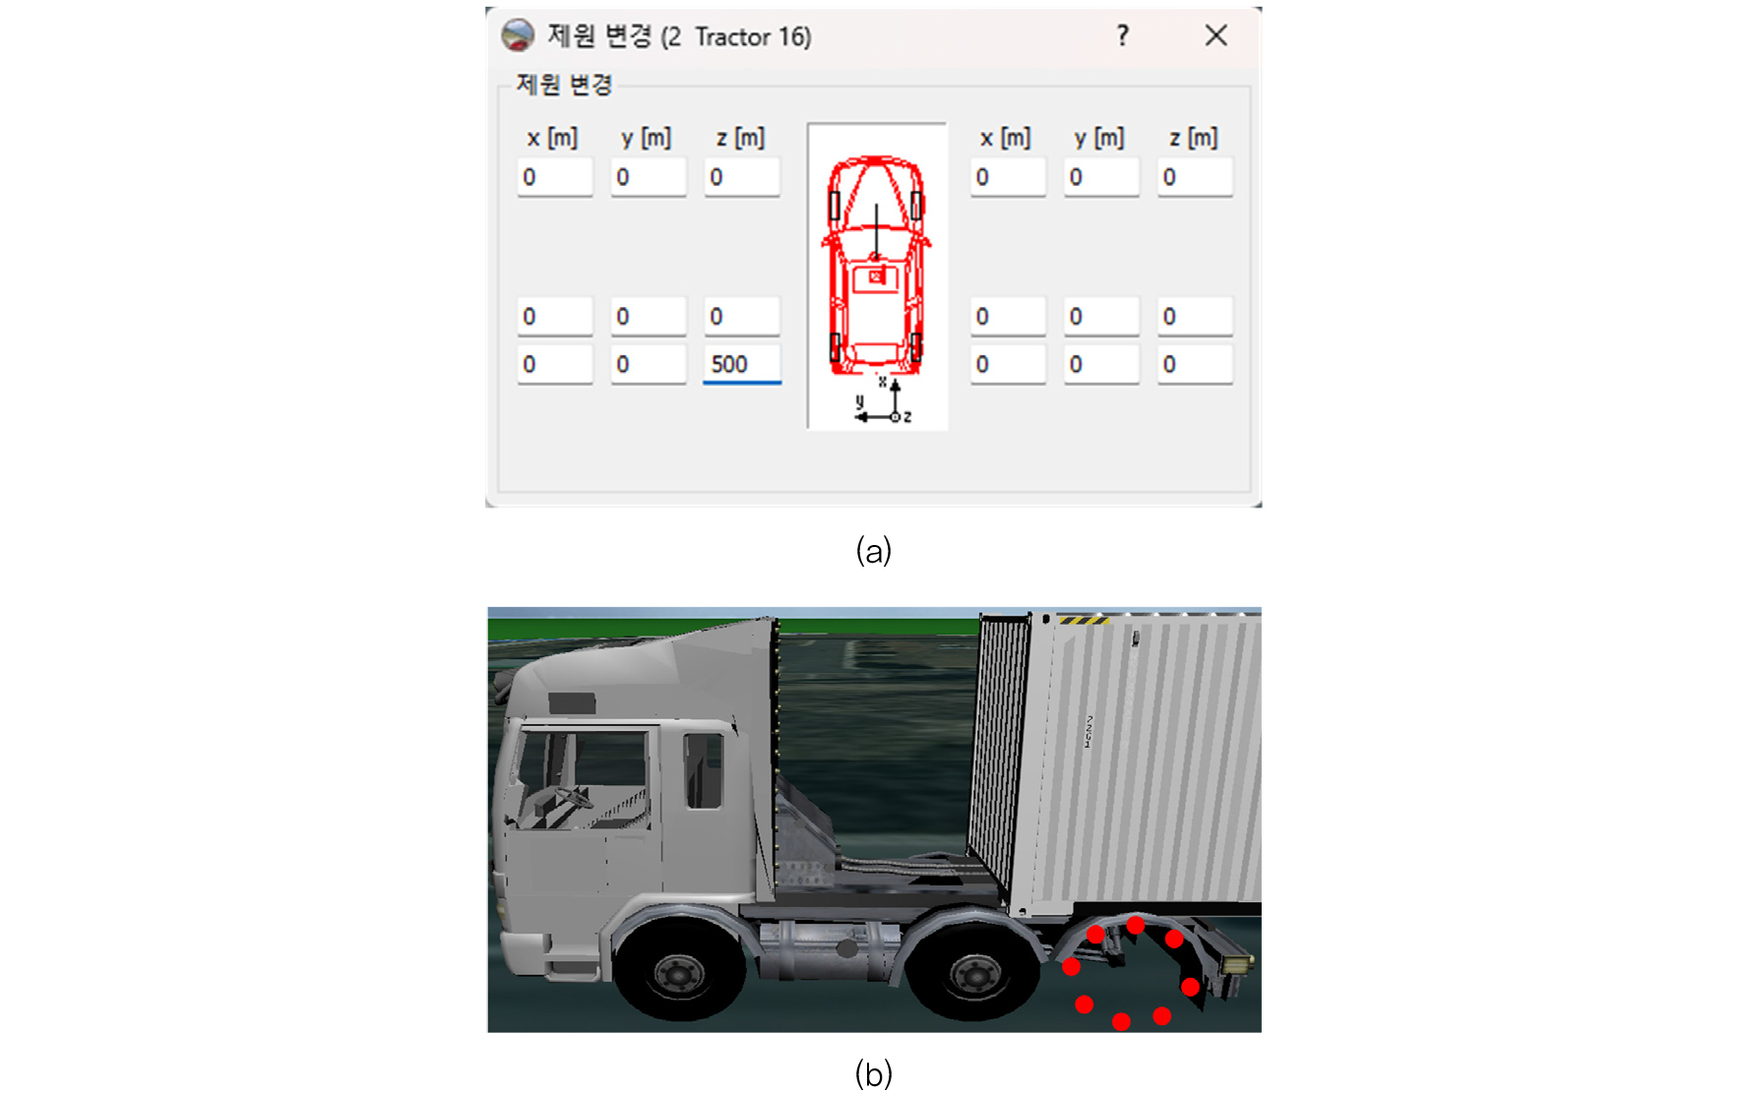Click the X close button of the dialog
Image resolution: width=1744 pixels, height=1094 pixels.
pyautogui.click(x=1215, y=36)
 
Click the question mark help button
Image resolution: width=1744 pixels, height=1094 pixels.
pyautogui.click(x=1122, y=36)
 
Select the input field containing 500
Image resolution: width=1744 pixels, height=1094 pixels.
pyautogui.click(x=742, y=365)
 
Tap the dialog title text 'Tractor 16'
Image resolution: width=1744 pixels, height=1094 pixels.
pyautogui.click(x=752, y=37)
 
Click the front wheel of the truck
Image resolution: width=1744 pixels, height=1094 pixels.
pyautogui.click(x=679, y=975)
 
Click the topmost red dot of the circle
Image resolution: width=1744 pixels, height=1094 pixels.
pyautogui.click(x=1136, y=925)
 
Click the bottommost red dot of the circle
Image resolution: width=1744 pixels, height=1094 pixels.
pyautogui.click(x=1121, y=1022)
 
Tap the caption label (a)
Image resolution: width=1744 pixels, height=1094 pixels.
pyautogui.click(x=873, y=550)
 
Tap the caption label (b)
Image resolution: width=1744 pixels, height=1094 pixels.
pyautogui.click(x=873, y=1072)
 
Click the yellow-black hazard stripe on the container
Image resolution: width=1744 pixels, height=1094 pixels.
pyautogui.click(x=1083, y=620)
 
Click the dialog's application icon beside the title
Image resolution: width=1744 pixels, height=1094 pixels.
pyautogui.click(x=518, y=36)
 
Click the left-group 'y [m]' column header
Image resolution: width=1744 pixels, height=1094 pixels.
pyautogui.click(x=647, y=138)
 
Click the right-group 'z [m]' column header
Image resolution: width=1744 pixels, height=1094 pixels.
pyautogui.click(x=1193, y=138)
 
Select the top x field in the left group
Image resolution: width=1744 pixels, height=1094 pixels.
pyautogui.click(x=555, y=178)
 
